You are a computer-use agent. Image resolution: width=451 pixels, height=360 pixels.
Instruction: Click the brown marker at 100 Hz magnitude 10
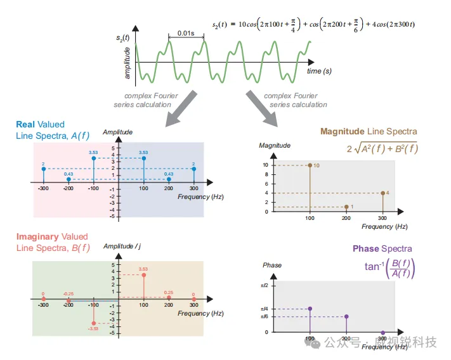(310, 165)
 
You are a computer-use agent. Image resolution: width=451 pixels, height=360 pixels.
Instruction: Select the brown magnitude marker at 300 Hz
(382, 193)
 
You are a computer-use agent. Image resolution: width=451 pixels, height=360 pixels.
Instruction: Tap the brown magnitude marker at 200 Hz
(346, 207)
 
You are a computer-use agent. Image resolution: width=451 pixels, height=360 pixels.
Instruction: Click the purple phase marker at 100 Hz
(310, 309)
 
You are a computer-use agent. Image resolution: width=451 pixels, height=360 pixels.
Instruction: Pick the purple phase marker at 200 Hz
(346, 316)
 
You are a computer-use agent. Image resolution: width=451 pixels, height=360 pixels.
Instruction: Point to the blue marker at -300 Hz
(43, 169)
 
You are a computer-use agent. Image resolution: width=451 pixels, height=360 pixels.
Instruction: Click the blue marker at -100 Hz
(93, 158)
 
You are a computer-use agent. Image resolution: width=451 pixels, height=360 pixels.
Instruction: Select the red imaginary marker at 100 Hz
(144, 274)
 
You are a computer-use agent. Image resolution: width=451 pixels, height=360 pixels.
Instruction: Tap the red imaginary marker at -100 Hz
(93, 323)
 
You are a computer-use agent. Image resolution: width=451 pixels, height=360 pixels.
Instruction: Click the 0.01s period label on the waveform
(186, 33)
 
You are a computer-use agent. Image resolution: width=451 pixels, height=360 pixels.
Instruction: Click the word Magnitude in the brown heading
(343, 132)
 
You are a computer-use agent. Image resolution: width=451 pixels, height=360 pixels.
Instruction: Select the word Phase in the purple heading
(365, 248)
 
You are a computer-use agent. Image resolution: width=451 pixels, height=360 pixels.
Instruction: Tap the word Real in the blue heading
(25, 124)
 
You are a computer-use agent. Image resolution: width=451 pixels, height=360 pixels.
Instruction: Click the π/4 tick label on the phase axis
(265, 309)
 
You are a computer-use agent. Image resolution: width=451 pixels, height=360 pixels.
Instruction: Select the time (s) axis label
(319, 72)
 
